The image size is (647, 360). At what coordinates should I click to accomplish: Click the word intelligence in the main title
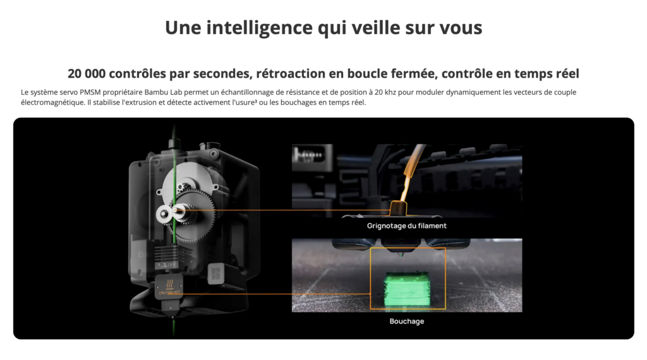[259, 28]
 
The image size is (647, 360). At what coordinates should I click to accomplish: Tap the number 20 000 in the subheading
[86, 73]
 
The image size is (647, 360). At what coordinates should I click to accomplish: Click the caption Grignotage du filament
[406, 225]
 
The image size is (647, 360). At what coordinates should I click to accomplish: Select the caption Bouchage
[406, 321]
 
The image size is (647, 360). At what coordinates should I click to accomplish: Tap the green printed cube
[407, 289]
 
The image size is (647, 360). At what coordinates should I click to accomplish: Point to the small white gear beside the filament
[164, 213]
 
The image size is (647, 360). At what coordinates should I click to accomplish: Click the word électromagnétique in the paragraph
[52, 102]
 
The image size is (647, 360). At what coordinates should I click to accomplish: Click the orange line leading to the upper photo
[285, 210]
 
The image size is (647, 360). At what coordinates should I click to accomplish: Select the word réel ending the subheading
[567, 73]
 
